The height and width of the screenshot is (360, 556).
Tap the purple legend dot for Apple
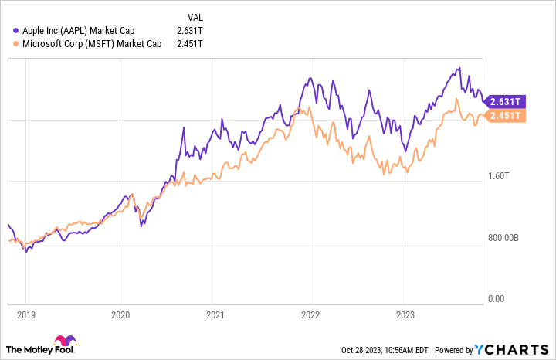click(16, 30)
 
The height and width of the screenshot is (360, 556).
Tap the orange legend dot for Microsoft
click(16, 43)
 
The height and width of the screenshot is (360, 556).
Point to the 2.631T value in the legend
click(190, 30)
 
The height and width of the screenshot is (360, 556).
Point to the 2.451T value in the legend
click(190, 43)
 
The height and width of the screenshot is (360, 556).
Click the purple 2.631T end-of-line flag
click(507, 101)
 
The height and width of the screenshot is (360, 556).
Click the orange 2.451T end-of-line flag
click(507, 116)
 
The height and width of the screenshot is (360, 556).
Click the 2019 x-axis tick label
click(25, 315)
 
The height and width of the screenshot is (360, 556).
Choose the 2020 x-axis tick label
click(120, 315)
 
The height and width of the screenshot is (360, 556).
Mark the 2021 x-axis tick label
click(215, 315)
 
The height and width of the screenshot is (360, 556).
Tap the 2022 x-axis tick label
click(310, 315)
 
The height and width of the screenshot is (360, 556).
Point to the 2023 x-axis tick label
click(405, 315)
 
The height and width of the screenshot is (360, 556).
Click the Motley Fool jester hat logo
click(64, 342)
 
